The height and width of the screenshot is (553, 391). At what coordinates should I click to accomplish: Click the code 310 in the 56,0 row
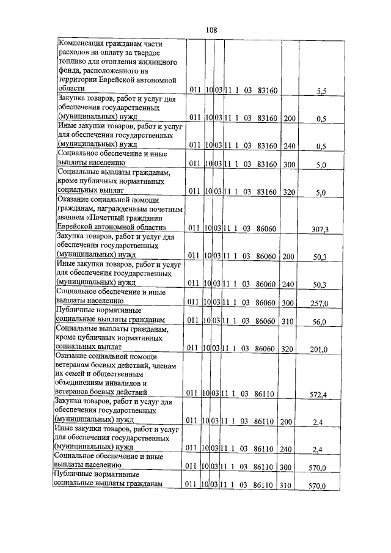click(288, 321)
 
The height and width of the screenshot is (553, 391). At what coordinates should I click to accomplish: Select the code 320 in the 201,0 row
click(288, 349)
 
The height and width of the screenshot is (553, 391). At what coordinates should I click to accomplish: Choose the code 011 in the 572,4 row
click(192, 394)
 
